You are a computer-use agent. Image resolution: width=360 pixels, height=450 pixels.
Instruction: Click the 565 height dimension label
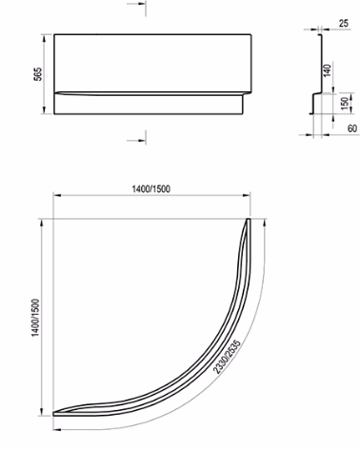[38, 74]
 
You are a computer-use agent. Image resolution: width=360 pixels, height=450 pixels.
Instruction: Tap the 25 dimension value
[344, 23]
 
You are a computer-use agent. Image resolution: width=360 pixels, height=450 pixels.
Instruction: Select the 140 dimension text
[327, 70]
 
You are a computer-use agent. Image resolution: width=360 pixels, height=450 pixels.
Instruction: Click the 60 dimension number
[352, 128]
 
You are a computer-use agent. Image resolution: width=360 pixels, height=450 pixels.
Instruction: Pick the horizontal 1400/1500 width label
[151, 189]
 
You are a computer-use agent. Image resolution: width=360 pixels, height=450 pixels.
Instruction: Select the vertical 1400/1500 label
[36, 318]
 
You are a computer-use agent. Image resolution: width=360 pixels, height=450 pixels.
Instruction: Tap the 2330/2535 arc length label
[228, 357]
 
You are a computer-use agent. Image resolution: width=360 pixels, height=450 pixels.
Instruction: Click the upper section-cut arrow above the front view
[136, 5]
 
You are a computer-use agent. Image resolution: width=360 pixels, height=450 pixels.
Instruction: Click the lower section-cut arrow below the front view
[136, 140]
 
